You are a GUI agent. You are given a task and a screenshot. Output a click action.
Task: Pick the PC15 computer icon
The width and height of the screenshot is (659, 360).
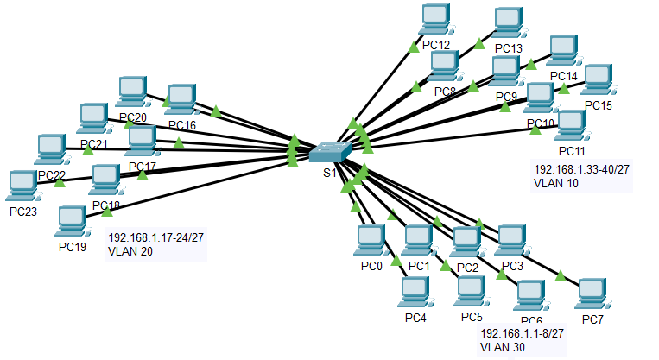pyautogui.click(x=598, y=81)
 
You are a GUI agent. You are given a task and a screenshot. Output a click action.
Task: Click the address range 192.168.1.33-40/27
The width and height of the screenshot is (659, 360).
pyautogui.click(x=581, y=170)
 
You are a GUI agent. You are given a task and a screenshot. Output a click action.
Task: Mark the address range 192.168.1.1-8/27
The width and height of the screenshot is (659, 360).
pyautogui.click(x=522, y=333)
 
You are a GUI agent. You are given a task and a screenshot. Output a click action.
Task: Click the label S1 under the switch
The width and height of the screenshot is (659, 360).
pyautogui.click(x=329, y=173)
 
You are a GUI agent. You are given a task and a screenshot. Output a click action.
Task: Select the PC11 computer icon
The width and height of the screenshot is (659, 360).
pyautogui.click(x=571, y=126)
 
